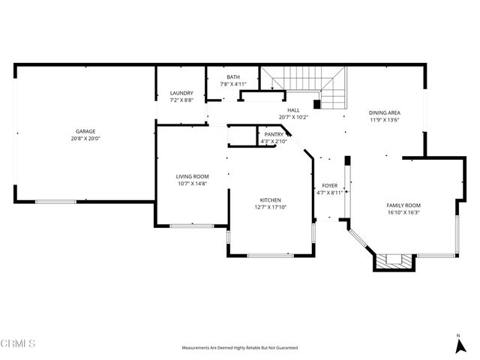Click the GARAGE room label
[x=85, y=131]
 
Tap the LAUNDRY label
[x=181, y=93]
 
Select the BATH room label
[x=233, y=76]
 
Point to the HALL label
[x=293, y=110]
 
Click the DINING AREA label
[x=385, y=112]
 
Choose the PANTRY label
[x=274, y=134]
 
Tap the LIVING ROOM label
[x=192, y=176]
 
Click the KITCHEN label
[x=270, y=200]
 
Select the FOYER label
[x=330, y=185]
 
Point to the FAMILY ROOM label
[x=403, y=205]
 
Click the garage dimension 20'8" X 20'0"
[x=85, y=139]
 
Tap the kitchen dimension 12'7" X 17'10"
[x=271, y=207]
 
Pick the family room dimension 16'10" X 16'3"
[x=403, y=213]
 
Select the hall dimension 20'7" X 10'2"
[x=293, y=117]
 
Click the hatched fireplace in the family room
[x=394, y=262]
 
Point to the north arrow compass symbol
[x=460, y=344]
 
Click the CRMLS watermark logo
[x=18, y=343]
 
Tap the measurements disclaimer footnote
[x=240, y=348]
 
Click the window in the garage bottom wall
[x=55, y=202]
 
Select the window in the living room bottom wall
[x=192, y=226]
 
